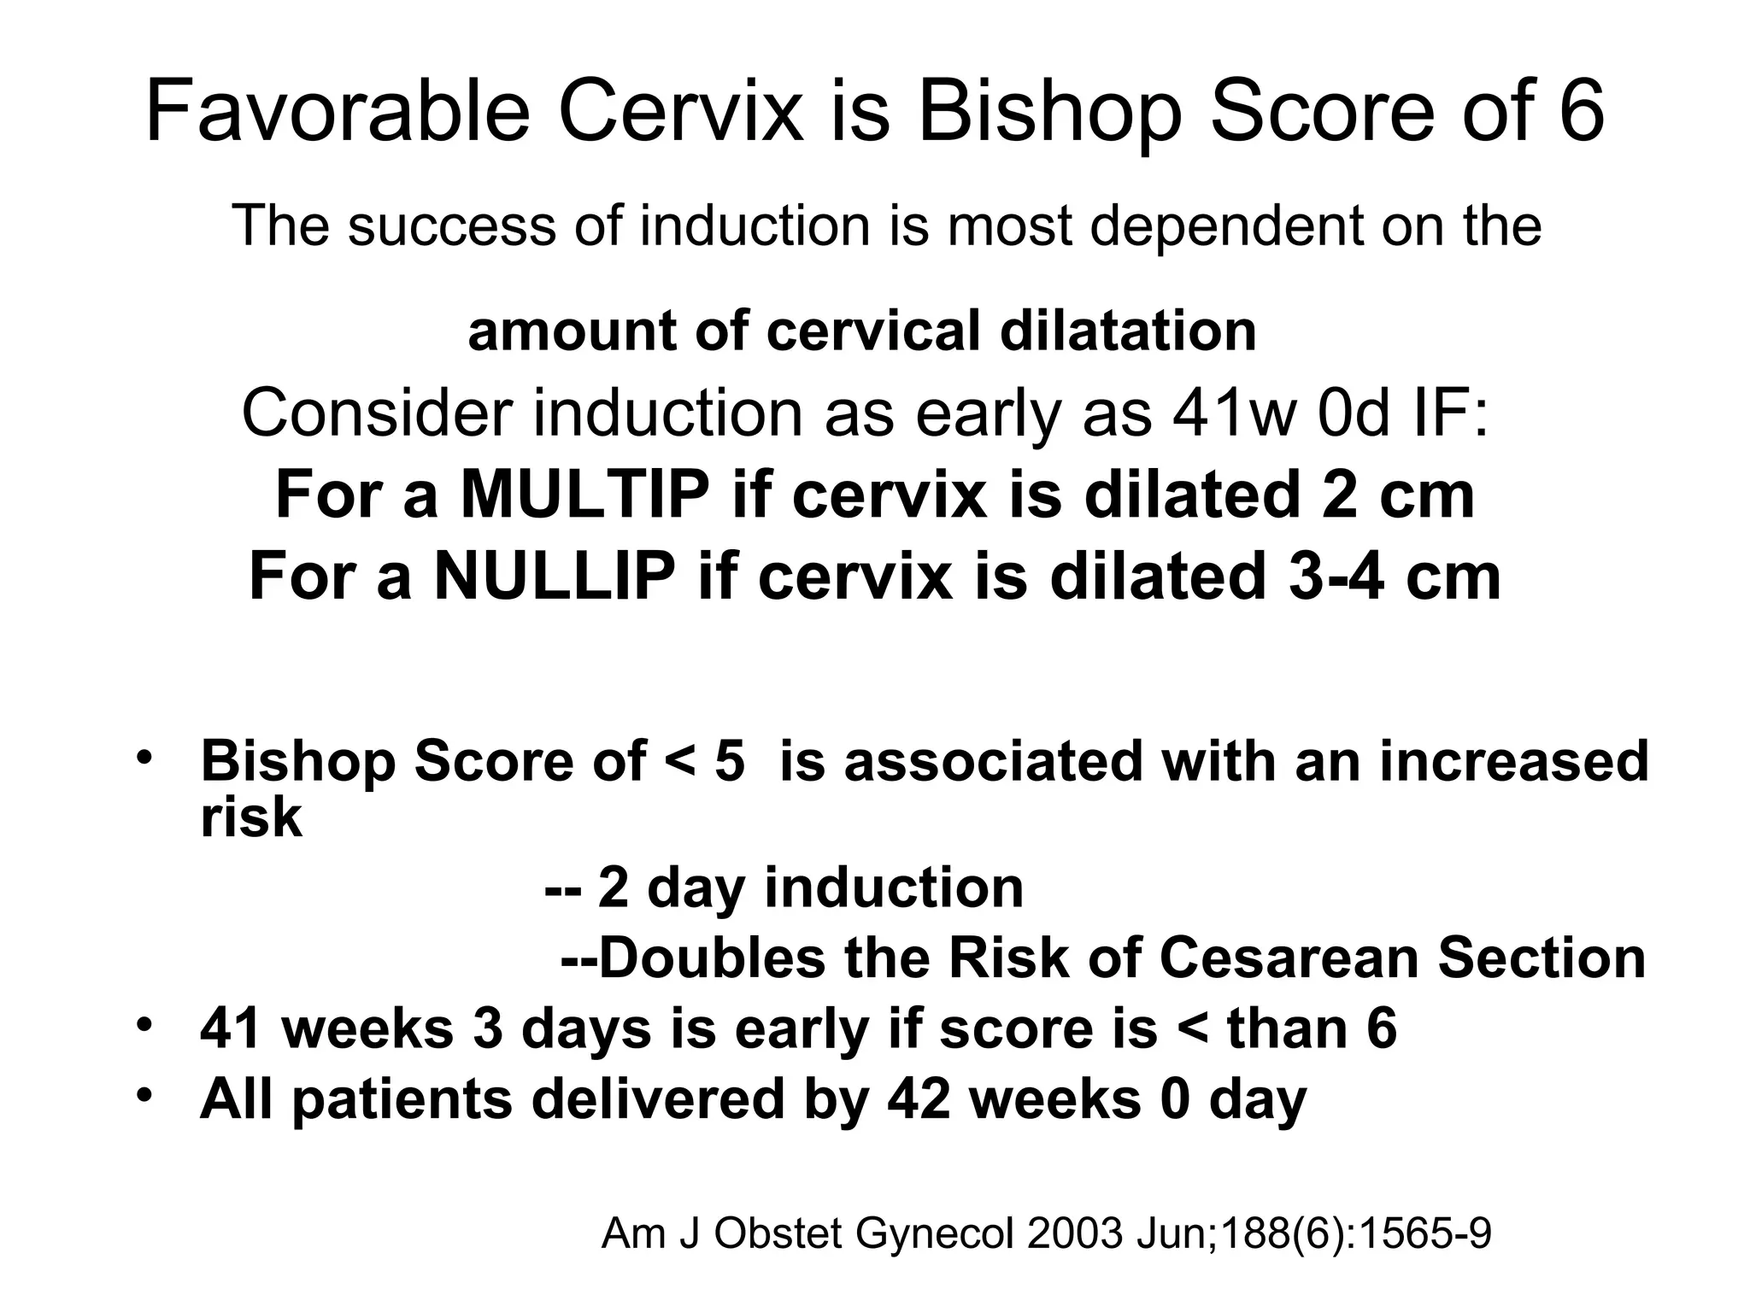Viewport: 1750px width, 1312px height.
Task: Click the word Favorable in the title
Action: coord(338,113)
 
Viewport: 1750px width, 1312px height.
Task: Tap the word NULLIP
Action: coord(555,577)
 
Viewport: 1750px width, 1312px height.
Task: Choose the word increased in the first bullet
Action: coord(1513,761)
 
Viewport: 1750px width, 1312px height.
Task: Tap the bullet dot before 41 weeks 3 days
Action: coord(144,1024)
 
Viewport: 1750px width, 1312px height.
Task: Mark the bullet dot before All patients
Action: coord(144,1094)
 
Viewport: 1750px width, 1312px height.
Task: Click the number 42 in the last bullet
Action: coord(919,1098)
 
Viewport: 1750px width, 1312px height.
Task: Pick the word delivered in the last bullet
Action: coord(657,1098)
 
